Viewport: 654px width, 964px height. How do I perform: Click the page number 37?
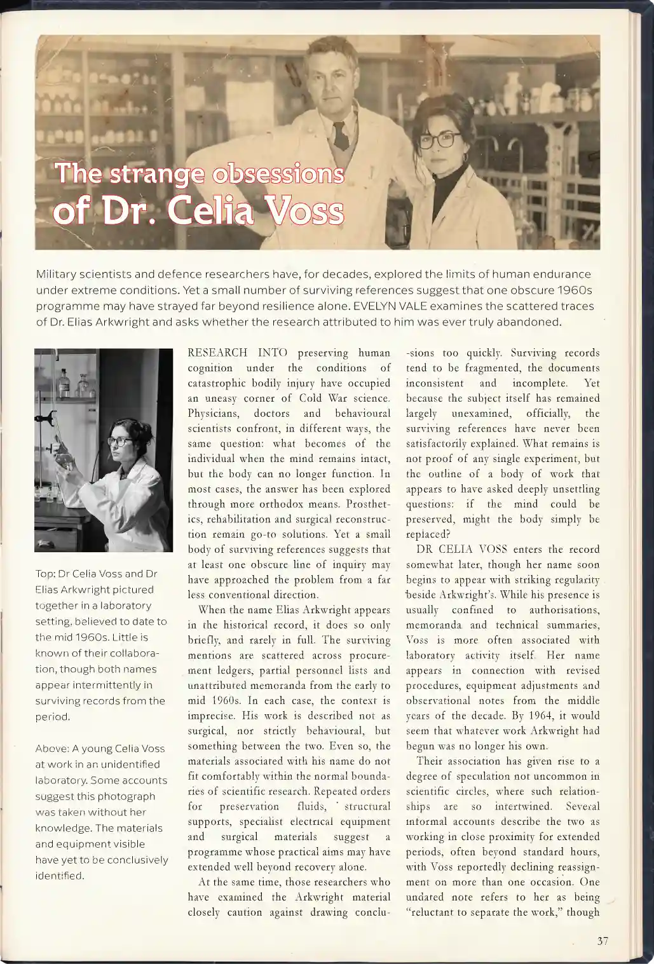[603, 942]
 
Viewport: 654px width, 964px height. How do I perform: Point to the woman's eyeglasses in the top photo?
[440, 139]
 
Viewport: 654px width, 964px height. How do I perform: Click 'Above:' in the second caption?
[52, 749]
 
